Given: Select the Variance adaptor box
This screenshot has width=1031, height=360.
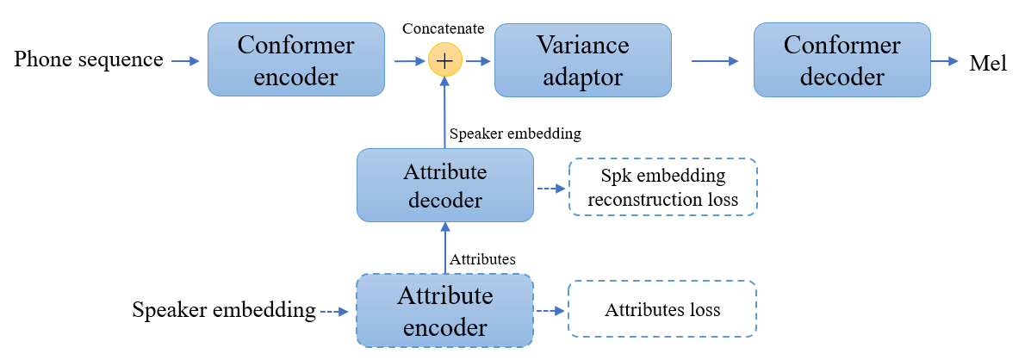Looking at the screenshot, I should pyautogui.click(x=583, y=59).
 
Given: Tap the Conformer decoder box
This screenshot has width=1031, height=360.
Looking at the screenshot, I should pyautogui.click(x=842, y=59).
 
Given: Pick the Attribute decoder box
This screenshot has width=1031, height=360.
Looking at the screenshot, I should pyautogui.click(x=444, y=184).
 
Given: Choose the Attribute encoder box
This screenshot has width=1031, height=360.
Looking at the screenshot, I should pyautogui.click(x=444, y=310).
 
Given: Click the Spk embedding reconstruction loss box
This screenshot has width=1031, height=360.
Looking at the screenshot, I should pyautogui.click(x=662, y=187).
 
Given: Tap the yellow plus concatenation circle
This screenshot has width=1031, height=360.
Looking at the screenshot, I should pyautogui.click(x=445, y=61).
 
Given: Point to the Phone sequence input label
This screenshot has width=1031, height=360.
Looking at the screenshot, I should pyautogui.click(x=90, y=59).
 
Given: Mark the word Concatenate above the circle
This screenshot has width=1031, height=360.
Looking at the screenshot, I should pyautogui.click(x=444, y=28).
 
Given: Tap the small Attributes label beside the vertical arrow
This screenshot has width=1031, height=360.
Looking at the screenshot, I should pyautogui.click(x=483, y=258).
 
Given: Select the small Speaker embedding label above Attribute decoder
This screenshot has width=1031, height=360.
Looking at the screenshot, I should pyautogui.click(x=516, y=133).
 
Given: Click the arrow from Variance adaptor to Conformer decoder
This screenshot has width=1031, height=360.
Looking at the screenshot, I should pyautogui.click(x=715, y=61).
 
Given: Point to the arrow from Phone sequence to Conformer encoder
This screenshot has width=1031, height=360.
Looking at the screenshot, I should pyautogui.click(x=184, y=60).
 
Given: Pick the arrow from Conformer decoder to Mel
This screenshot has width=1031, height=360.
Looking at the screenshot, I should pyautogui.click(x=946, y=61).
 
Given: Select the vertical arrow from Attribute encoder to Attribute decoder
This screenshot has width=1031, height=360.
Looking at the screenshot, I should pyautogui.click(x=445, y=247).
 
